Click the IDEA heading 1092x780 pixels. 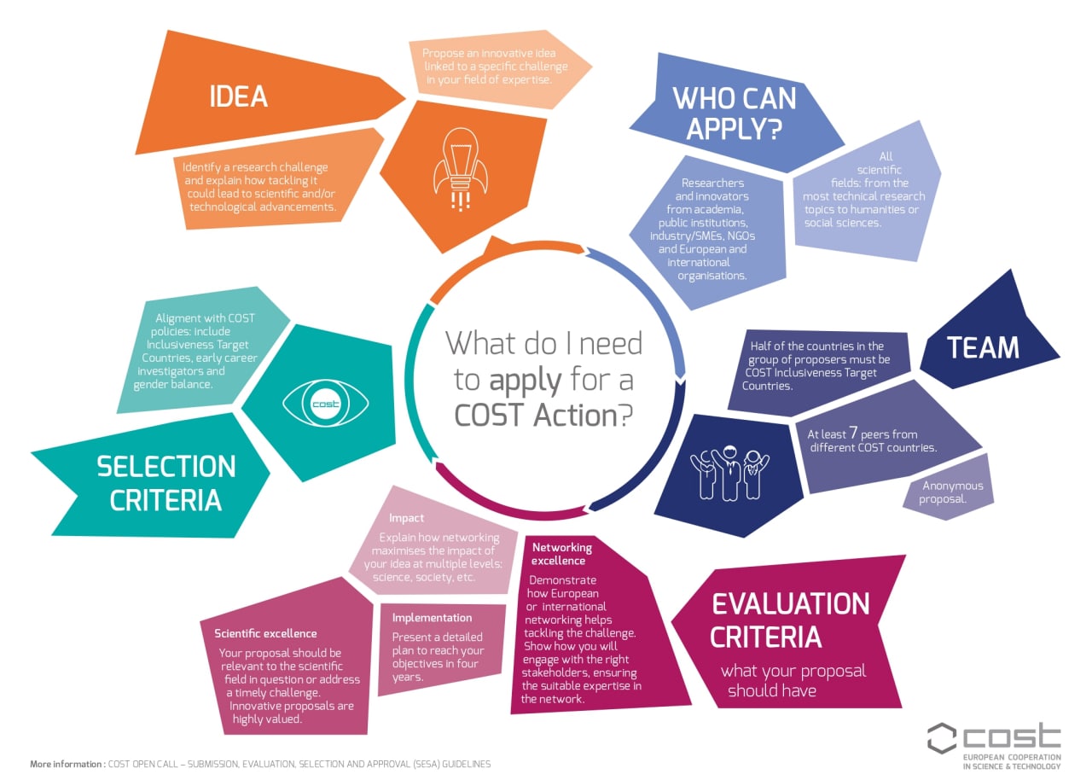238,96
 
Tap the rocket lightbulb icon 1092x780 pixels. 460,169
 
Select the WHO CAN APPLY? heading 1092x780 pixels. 735,114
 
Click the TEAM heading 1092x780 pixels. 983,347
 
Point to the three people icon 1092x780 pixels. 729,473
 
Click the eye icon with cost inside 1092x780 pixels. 325,404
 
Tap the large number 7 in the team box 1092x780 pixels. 852,432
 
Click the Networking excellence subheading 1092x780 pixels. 561,554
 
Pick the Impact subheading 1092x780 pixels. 406,518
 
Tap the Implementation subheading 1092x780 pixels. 432,618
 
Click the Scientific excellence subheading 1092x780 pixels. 265,633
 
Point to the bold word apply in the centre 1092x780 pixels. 526,381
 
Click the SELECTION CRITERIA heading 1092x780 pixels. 166,483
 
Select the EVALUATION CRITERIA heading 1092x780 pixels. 790,620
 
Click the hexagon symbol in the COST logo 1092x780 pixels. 942,738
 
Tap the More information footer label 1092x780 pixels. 67,764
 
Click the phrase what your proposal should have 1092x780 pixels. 793,680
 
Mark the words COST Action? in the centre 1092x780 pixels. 543,416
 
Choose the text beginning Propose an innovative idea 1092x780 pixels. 495,67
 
